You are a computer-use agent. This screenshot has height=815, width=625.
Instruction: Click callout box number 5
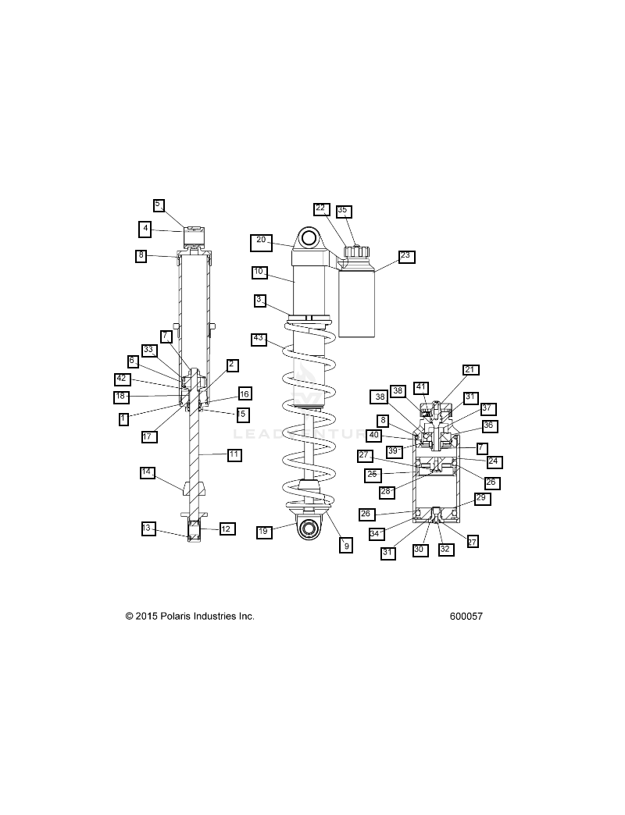[159, 205]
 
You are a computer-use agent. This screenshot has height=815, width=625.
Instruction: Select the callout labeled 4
[145, 230]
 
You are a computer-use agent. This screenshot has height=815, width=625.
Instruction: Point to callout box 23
[406, 257]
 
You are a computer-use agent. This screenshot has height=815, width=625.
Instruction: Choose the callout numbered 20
[261, 242]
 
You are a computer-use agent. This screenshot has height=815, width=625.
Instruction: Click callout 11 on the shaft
[234, 455]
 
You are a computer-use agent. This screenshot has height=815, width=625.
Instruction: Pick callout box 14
[148, 473]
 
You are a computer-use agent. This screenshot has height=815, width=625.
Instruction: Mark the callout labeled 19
[264, 532]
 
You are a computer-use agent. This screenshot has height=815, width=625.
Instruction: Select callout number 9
[346, 545]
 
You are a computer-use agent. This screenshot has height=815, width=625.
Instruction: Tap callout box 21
[470, 370]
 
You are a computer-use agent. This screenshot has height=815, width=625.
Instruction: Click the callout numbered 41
[421, 387]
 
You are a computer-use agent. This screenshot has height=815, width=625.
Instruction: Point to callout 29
[481, 498]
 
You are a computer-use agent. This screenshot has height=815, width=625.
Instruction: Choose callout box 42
[122, 379]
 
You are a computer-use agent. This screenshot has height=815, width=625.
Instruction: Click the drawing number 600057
[466, 617]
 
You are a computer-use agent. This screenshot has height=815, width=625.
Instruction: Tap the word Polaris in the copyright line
[176, 617]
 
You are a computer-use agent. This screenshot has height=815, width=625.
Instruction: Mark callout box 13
[148, 529]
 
